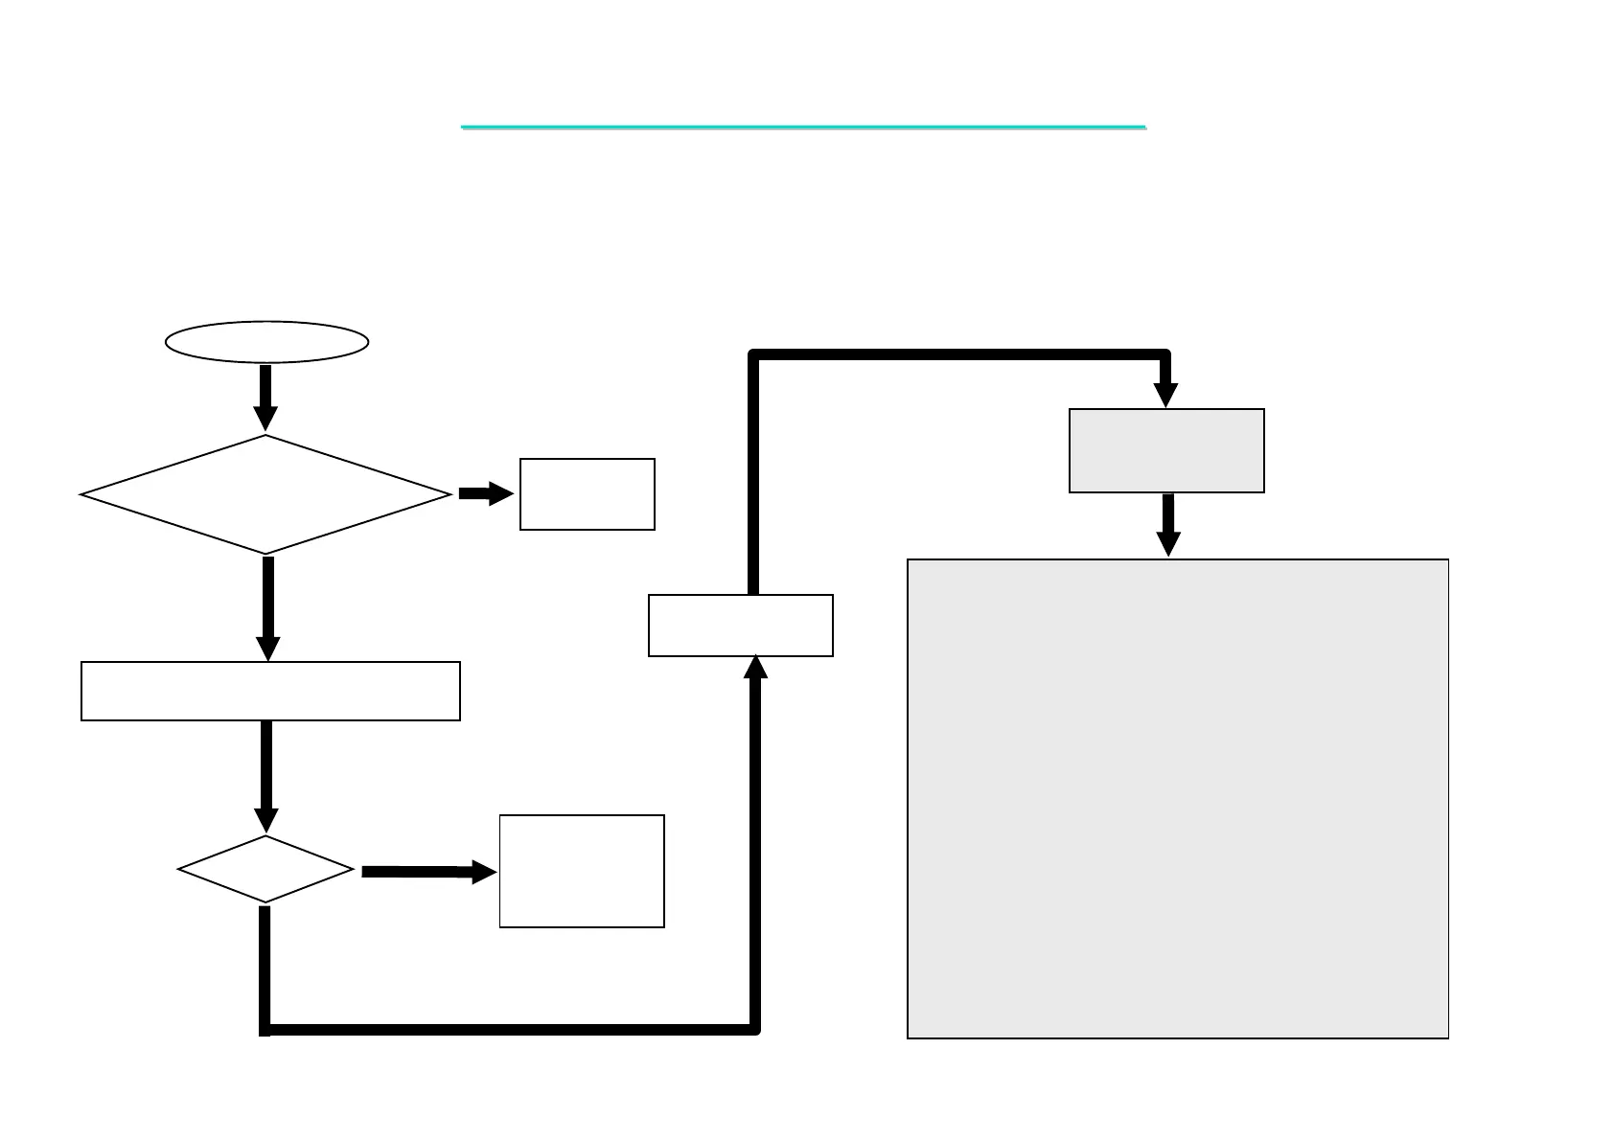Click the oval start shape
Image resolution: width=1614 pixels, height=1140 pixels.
coord(266,342)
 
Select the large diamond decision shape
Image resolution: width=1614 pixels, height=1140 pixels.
coord(265,494)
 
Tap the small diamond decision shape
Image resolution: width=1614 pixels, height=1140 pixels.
coord(265,870)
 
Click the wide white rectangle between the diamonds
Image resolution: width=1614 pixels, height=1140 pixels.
coord(270,691)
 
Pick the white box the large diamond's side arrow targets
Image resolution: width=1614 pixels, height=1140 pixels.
coord(587,494)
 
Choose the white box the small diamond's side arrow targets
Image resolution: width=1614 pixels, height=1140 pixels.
coord(582,871)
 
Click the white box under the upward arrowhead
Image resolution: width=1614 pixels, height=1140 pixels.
coord(740,626)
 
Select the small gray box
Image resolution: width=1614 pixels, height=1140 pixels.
coord(1166,451)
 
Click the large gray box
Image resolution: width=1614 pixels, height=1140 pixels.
coord(1177,798)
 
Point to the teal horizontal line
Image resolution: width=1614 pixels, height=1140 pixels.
coord(803,126)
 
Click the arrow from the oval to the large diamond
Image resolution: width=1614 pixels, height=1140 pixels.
coord(265,396)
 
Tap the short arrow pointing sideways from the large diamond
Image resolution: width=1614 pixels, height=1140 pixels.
coord(485,493)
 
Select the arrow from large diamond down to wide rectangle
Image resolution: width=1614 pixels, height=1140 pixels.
coord(268,606)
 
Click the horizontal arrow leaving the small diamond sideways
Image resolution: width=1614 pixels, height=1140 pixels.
coord(427,872)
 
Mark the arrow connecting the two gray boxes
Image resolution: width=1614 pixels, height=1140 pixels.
coord(1167,524)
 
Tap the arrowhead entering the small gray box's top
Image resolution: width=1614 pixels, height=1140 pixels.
coord(1165,395)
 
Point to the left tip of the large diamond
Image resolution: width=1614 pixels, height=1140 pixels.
coord(83,494)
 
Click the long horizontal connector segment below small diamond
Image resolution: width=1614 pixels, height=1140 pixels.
coord(508,1030)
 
